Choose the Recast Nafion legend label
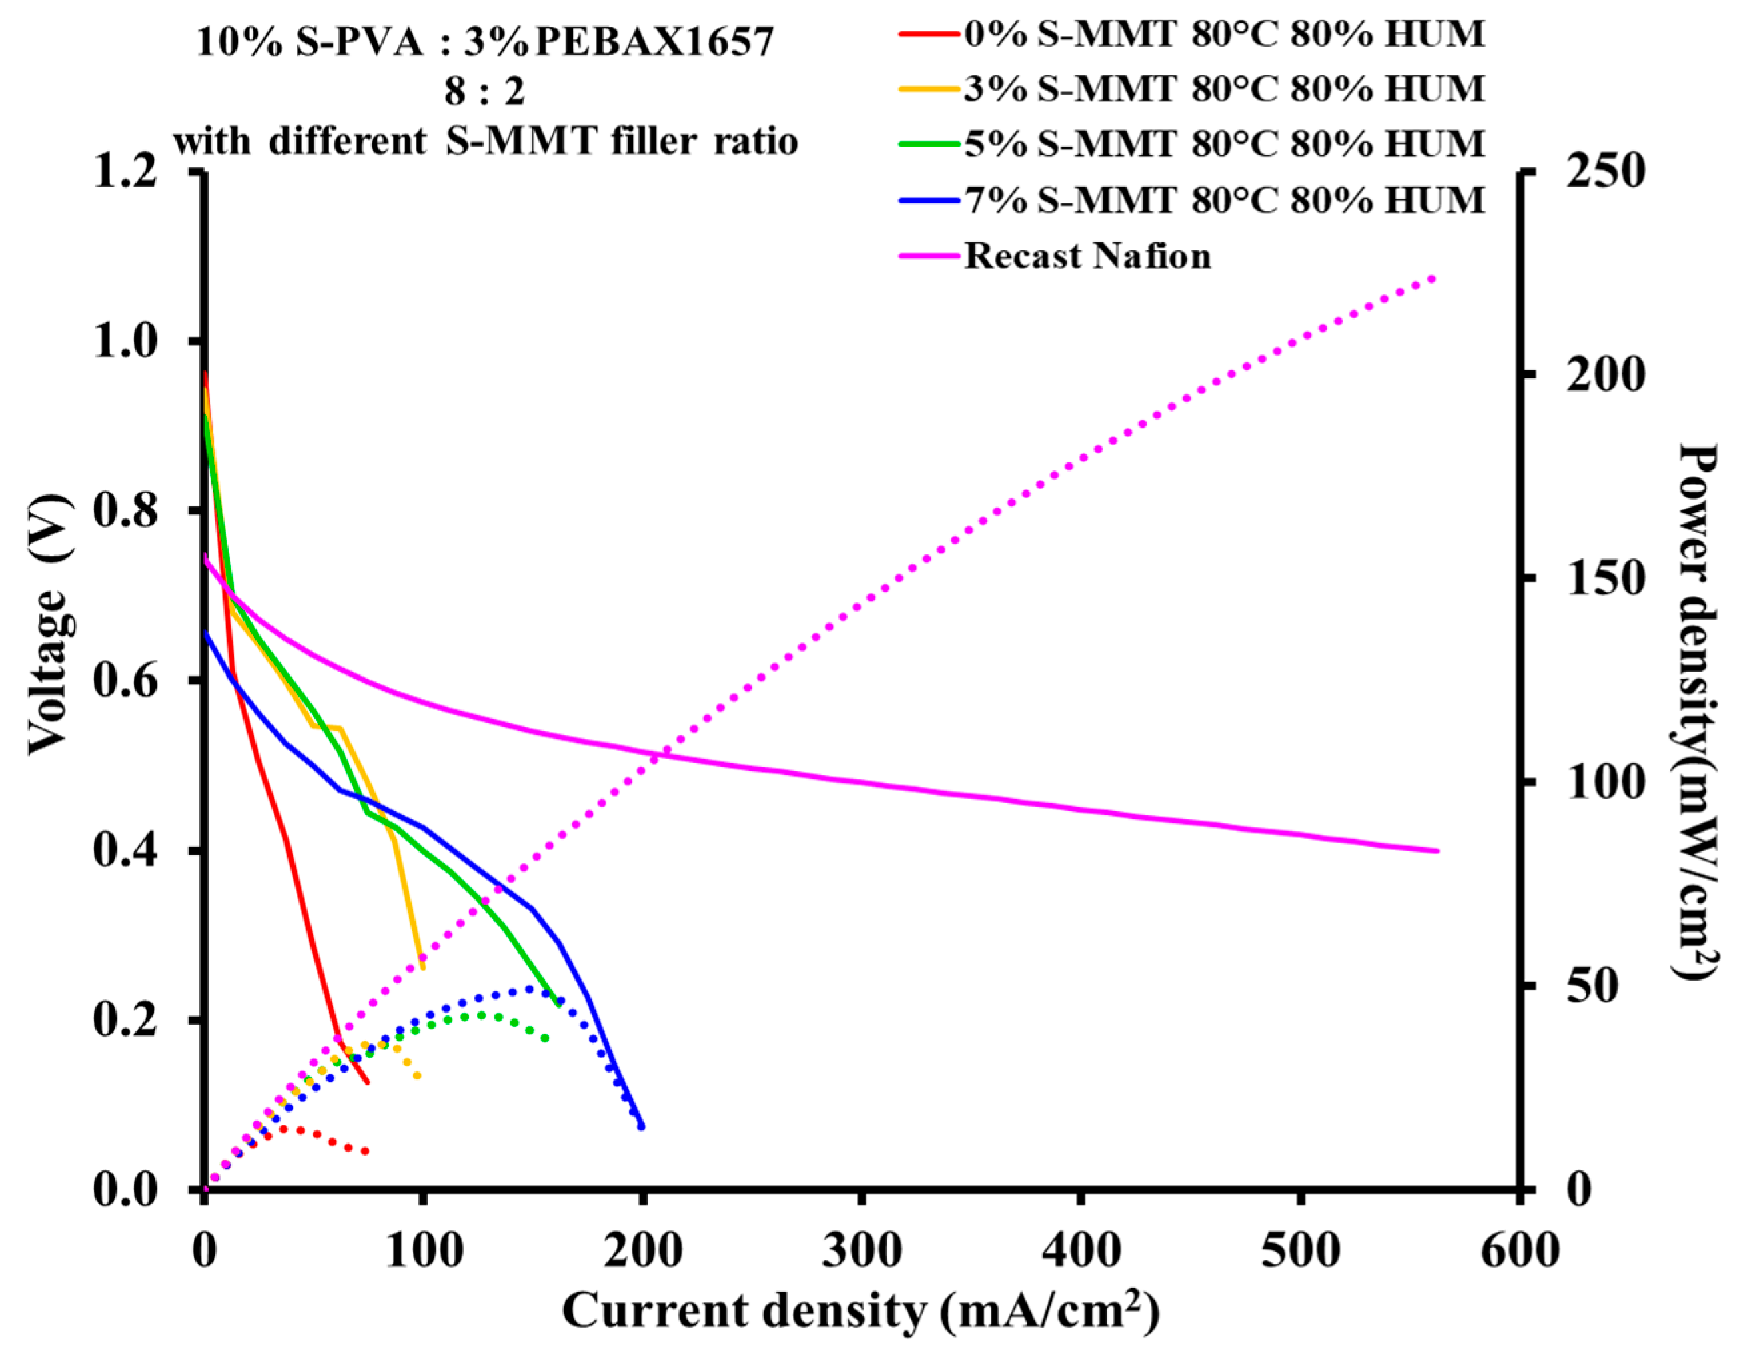click(1087, 256)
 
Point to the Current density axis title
click(861, 1310)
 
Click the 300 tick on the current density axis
click(862, 1250)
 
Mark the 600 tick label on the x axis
click(1519, 1250)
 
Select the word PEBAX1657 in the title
click(654, 41)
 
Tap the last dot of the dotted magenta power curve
click(1433, 278)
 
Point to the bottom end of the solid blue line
click(642, 1126)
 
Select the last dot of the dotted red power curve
click(366, 1151)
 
